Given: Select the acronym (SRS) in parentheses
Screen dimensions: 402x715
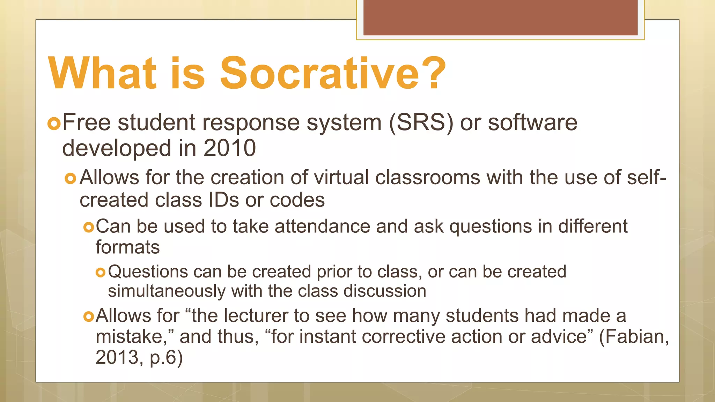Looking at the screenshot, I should point(421,123).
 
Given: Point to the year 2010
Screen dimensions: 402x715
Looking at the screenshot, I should point(229,148).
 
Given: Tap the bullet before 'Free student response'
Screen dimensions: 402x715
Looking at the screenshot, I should point(54,124).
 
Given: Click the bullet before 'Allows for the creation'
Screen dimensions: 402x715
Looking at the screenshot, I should point(71,179).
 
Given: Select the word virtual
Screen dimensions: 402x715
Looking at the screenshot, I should point(341,177).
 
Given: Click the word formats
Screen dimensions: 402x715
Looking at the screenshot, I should point(127,247).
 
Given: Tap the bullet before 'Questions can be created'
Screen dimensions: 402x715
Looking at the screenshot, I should point(100,273).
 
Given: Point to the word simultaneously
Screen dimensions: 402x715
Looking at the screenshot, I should point(167,291).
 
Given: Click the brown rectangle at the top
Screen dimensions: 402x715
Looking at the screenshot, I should point(500,17).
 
